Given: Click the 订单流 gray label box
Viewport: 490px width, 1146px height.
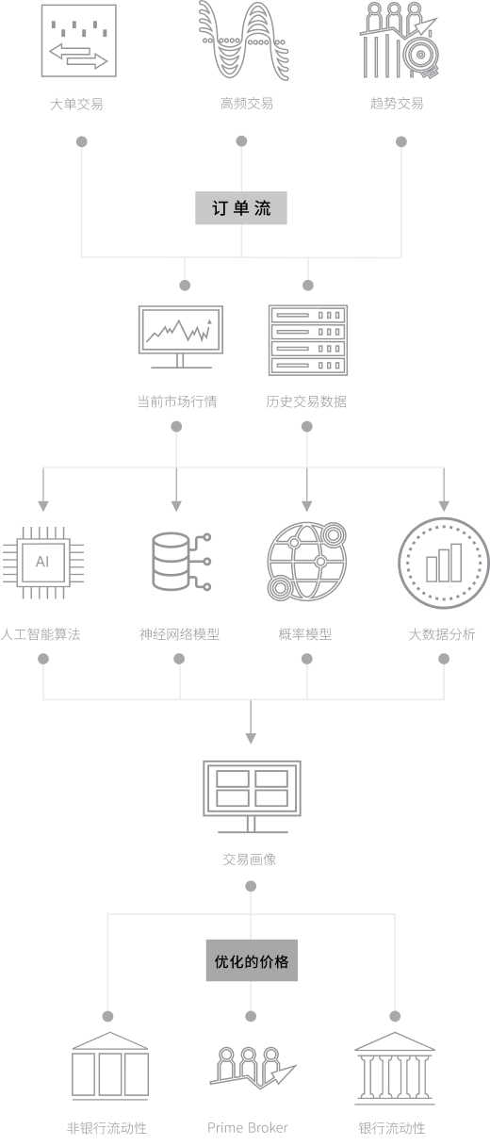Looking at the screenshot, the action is [241, 207].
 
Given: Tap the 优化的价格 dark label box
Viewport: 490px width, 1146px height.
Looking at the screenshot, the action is [252, 960].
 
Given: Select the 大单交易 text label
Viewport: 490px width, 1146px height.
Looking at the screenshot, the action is [76, 105].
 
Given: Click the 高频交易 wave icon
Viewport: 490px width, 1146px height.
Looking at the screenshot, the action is [244, 41].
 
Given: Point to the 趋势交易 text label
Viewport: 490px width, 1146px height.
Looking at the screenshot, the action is [397, 104].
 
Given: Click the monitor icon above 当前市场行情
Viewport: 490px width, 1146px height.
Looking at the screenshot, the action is [181, 336].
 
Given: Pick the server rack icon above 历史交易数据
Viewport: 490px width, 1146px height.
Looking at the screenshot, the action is [308, 340].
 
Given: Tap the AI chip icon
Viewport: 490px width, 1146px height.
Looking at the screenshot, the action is [43, 563].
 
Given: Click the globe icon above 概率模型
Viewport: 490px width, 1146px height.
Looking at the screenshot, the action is [307, 562].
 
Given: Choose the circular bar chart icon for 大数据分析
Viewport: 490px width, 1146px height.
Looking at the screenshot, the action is [444, 563].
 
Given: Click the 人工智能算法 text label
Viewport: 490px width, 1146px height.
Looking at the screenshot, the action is [41, 634].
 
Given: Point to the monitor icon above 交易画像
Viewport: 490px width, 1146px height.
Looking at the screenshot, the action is [252, 796].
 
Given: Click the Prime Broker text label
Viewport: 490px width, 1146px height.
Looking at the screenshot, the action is [248, 1127].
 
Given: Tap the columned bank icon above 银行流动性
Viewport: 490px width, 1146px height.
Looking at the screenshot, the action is [394, 1068].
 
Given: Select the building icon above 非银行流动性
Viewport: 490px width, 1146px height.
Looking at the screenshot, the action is [110, 1066].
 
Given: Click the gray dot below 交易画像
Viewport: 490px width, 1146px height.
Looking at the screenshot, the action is [251, 886].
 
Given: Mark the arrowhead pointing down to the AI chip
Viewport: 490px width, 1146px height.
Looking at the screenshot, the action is [43, 506].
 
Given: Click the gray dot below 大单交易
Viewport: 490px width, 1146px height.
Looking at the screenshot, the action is [81, 141].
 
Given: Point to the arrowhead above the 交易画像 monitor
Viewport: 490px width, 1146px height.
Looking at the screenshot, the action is [251, 738].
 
